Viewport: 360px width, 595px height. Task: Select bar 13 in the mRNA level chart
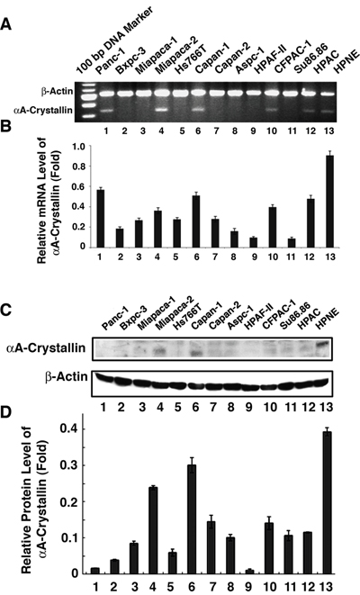(329, 202)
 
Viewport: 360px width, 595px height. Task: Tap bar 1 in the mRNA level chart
(101, 219)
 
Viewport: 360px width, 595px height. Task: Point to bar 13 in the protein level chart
(327, 503)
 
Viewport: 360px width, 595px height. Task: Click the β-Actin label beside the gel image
(57, 92)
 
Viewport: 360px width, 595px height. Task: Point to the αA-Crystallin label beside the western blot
(46, 348)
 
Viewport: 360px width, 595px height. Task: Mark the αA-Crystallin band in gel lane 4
(162, 110)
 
